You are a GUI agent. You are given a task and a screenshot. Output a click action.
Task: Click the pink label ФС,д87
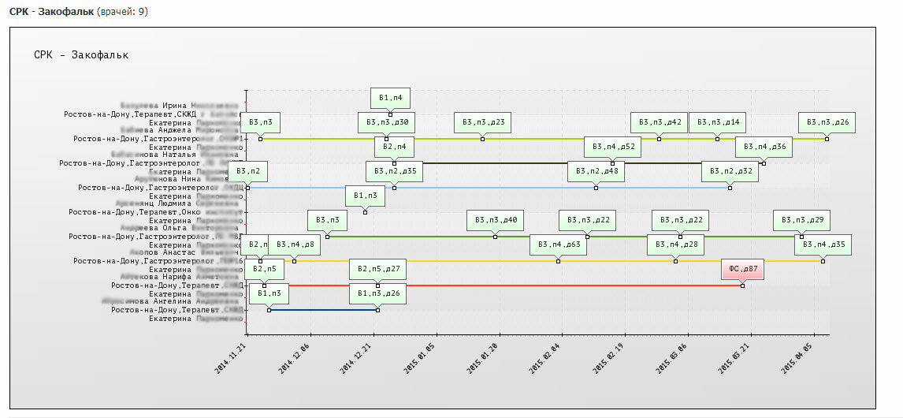(x=742, y=269)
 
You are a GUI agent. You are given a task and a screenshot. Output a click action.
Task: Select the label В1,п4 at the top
(x=390, y=98)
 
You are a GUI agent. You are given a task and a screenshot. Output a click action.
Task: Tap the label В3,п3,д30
(x=386, y=122)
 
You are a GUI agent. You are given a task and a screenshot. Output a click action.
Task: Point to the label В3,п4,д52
(x=612, y=147)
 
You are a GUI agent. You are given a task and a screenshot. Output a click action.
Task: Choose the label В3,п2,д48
(x=596, y=171)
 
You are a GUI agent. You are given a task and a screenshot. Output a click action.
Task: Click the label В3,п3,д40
(x=495, y=220)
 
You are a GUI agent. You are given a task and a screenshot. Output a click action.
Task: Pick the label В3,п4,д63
(x=559, y=244)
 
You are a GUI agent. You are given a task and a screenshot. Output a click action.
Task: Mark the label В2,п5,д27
(x=378, y=269)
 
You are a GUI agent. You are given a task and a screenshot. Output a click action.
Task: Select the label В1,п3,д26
(x=378, y=293)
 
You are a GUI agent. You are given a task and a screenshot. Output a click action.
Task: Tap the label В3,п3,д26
(x=827, y=122)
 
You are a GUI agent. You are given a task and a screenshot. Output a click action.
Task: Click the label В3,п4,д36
(x=764, y=147)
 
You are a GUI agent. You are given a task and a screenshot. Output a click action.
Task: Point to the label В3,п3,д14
(x=717, y=122)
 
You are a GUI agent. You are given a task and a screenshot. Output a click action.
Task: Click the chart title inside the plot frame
(x=81, y=55)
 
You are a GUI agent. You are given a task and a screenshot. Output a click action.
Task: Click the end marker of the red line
(x=742, y=286)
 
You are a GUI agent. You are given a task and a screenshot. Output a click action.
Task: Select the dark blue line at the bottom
(x=323, y=310)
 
